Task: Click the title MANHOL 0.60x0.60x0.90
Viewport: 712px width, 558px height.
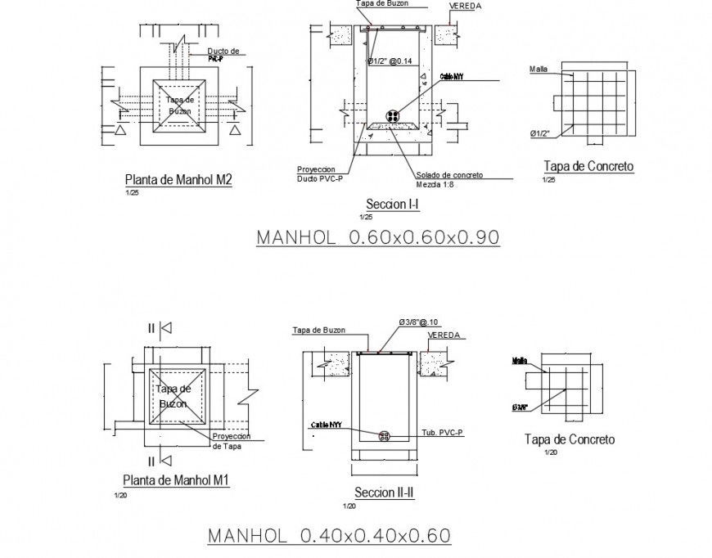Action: (378, 237)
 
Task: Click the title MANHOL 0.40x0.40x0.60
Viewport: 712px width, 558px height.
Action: (329, 536)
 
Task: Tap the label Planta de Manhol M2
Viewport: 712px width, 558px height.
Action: (178, 180)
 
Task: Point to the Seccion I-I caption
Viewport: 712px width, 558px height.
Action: (393, 205)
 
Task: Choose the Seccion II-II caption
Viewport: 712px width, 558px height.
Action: (384, 493)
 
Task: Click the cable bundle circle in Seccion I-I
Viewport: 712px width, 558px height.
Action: (394, 115)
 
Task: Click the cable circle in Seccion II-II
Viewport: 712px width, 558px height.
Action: (384, 436)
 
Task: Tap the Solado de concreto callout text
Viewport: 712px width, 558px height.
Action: (448, 175)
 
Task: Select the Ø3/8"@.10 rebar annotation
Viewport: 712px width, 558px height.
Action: (420, 322)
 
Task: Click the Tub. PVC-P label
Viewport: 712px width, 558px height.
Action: (442, 431)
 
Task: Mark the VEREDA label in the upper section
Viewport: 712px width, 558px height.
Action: (465, 7)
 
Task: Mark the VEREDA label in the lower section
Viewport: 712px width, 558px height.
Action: (446, 335)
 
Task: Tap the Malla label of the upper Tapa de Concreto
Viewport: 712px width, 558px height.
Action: (538, 69)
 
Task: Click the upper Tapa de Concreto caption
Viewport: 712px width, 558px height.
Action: (588, 166)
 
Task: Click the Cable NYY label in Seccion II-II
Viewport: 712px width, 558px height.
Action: (326, 425)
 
